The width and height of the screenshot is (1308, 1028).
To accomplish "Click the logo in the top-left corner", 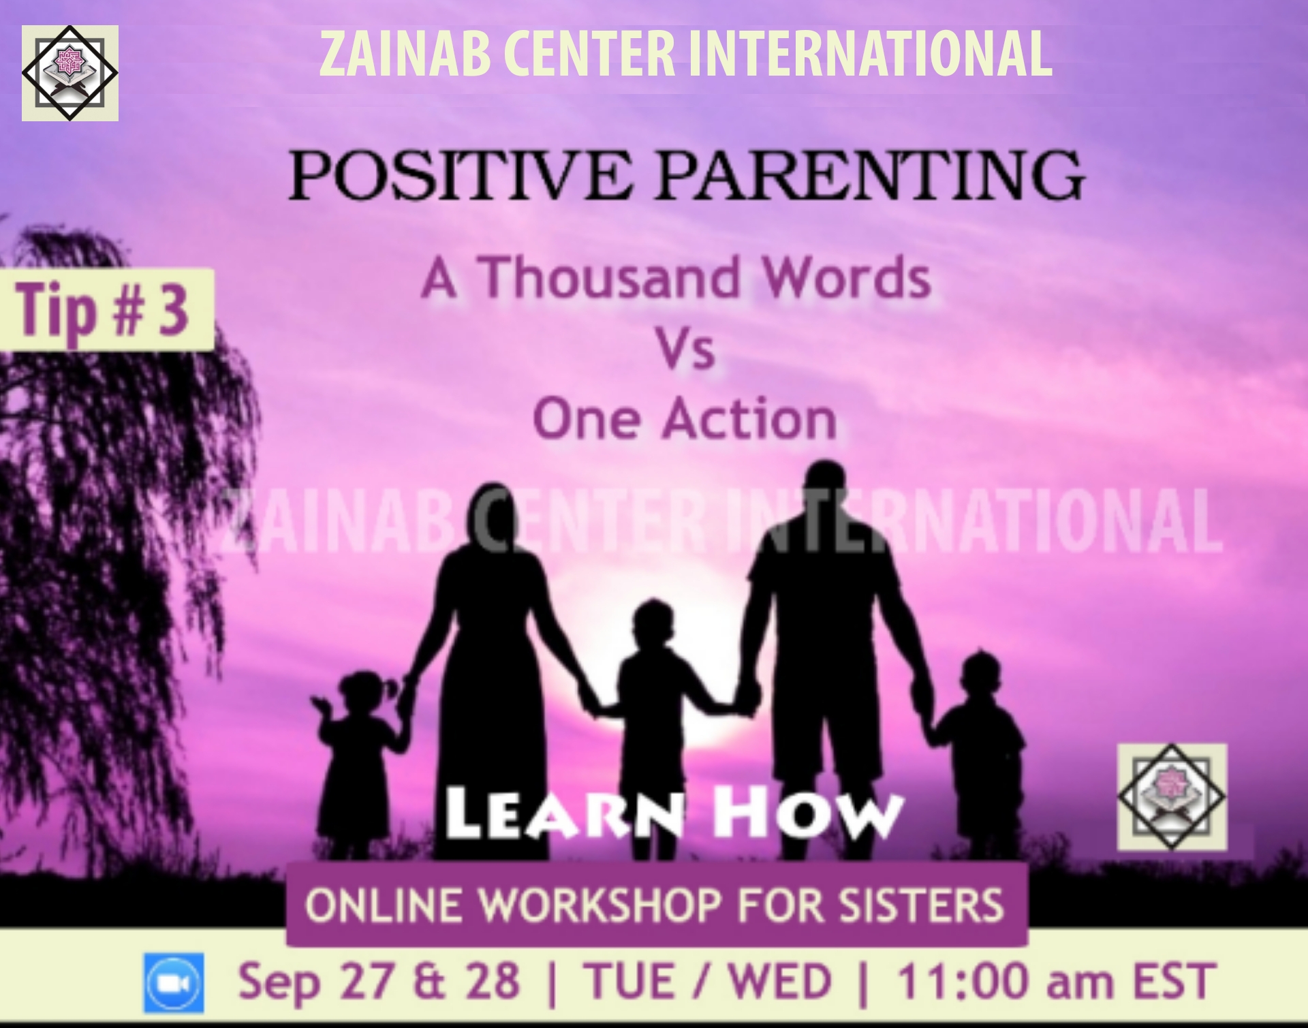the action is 69,73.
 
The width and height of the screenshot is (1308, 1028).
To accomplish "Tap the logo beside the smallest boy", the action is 1172,797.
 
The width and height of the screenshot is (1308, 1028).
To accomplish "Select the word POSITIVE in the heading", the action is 461,175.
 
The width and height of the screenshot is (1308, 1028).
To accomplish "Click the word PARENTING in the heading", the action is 871,175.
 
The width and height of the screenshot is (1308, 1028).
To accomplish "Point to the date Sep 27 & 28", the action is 378,982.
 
